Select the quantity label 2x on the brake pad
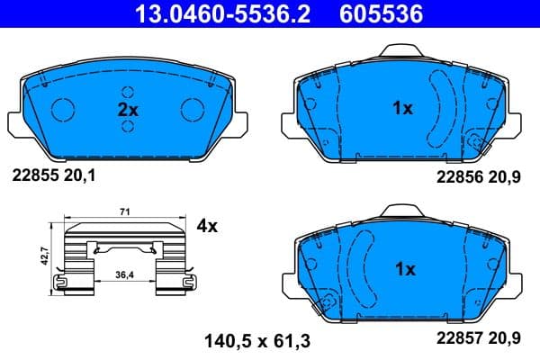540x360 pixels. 129,108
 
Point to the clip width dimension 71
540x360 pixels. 125,211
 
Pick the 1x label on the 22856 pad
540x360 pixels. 402,108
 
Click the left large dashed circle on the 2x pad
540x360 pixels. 64,108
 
